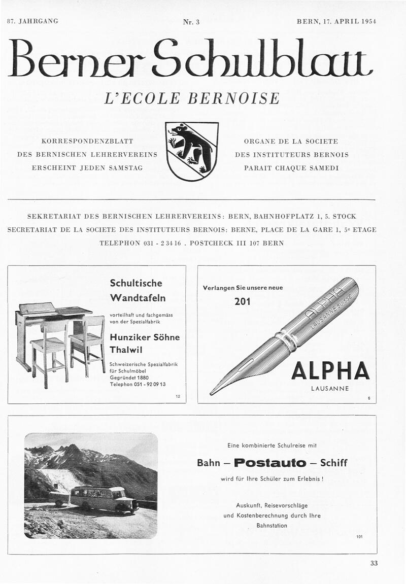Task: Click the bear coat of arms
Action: pos(192,151)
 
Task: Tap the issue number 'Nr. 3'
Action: pos(191,22)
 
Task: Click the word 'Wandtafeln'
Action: pos(138,297)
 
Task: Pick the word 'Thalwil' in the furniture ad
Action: pos(126,350)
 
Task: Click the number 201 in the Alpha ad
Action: pos(242,302)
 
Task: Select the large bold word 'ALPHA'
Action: pos(330,371)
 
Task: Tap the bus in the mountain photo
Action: pos(104,499)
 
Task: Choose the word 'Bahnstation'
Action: pos(272,526)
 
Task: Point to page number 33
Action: pos(374,563)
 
